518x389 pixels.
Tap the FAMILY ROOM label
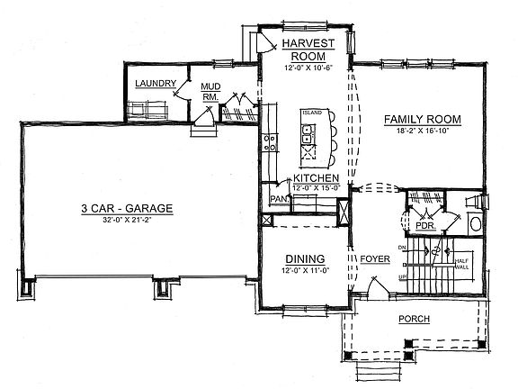tap(422, 119)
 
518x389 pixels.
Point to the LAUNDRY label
tap(155, 84)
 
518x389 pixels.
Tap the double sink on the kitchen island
tap(307, 135)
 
